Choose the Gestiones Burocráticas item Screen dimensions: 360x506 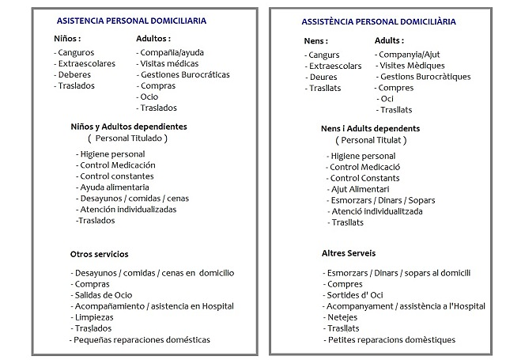coord(183,75)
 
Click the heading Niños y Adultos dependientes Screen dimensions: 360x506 coord(129,126)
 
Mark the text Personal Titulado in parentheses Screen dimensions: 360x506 coord(126,138)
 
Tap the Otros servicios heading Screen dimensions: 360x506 coord(99,254)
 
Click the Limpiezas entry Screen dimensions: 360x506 coord(92,316)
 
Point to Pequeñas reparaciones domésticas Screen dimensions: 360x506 coord(140,339)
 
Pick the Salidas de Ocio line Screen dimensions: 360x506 coord(101,295)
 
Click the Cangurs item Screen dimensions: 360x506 coord(323,55)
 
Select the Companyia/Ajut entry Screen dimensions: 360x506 coord(410,55)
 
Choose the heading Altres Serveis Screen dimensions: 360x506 coord(349,254)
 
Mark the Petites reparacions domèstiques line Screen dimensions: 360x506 coord(390,339)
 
